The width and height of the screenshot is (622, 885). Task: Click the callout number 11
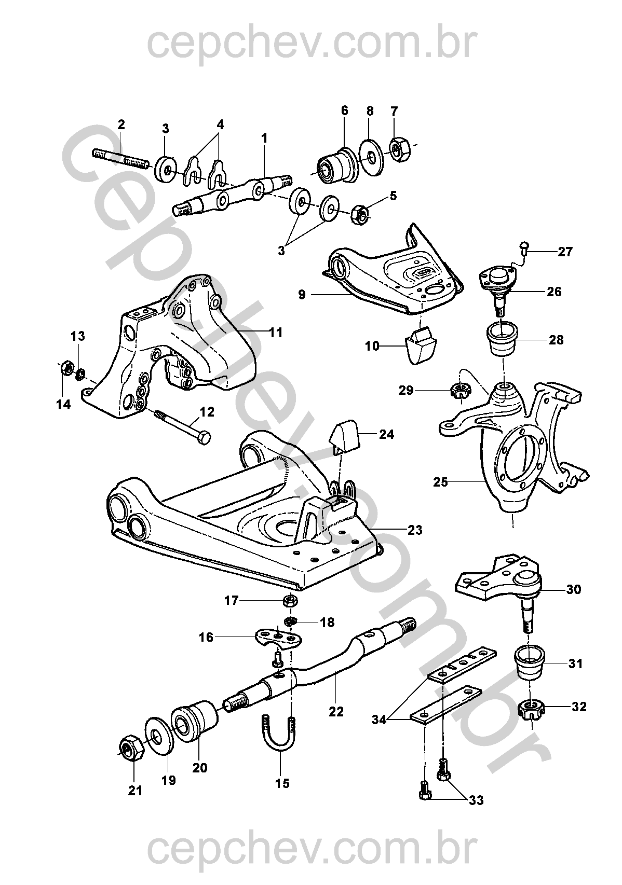coord(276,333)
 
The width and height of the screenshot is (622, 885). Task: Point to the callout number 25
coord(441,482)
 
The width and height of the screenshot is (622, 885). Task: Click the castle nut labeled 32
coord(531,708)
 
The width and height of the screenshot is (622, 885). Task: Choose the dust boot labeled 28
coord(503,339)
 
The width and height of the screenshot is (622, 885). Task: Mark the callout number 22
coord(336,711)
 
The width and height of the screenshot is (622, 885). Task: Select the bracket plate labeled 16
coord(279,638)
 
